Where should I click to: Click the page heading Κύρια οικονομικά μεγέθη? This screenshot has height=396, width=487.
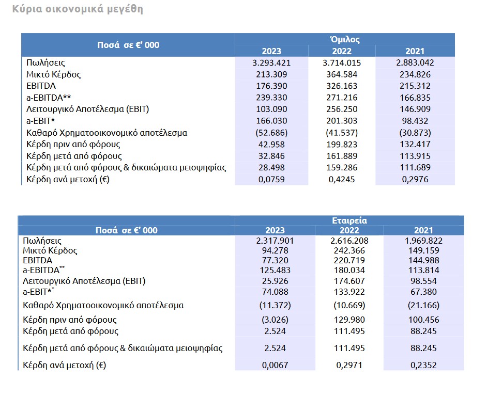pos(78,9)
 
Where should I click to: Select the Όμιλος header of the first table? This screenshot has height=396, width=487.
pos(345,39)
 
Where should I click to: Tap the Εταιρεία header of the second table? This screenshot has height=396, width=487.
pos(349,220)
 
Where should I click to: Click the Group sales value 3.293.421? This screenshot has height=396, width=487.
pos(271,63)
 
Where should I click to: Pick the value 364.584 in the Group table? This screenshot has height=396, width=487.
pos(342,74)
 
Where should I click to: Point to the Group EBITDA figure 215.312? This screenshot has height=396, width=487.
pos(415,86)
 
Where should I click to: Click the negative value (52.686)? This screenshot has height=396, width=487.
pos(271,133)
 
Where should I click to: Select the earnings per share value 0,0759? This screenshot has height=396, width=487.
pos(271,179)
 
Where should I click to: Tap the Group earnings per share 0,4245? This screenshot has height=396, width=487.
pos(342,179)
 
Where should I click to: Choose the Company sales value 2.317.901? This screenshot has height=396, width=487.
pos(275,241)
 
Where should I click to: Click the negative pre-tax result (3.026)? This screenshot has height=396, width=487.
pos(275,320)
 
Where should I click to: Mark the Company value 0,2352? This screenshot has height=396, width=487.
pos(423,365)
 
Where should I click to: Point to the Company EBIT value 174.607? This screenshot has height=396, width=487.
pos(349,281)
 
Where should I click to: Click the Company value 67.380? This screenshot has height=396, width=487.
pos(423,292)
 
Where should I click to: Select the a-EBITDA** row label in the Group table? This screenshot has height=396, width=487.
pos(49,98)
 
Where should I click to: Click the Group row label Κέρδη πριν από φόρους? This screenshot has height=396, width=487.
pos(73,145)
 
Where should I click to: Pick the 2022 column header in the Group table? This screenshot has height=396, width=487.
pos(342,51)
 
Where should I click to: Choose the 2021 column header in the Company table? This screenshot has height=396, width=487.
pos(423,230)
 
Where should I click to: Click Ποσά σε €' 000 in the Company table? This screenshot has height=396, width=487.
pos(127,230)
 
